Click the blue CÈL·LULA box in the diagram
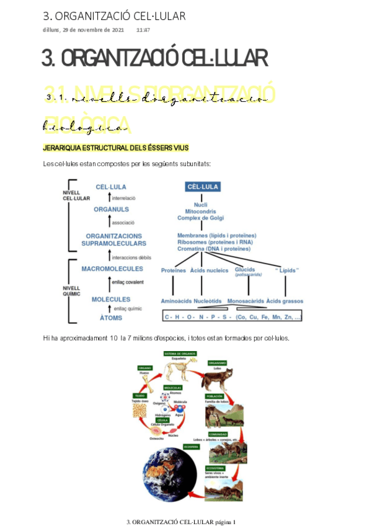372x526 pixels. [x=203, y=187]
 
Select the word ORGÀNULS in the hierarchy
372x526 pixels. [x=111, y=209]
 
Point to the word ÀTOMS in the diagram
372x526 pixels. [x=111, y=318]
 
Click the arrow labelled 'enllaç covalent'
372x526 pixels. [x=109, y=283]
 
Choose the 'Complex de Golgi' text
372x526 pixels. [x=200, y=218]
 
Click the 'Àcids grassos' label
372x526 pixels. [x=285, y=301]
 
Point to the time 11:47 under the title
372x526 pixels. [x=143, y=30]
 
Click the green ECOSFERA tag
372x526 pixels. [x=191, y=447]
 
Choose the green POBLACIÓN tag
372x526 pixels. [x=214, y=396]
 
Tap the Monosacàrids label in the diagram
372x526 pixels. [x=246, y=301]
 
